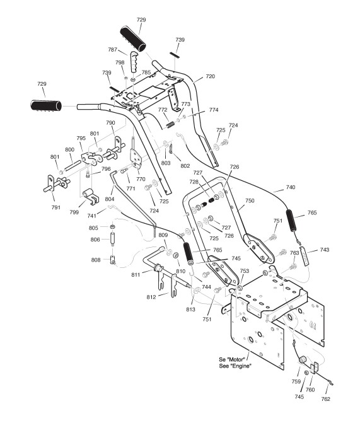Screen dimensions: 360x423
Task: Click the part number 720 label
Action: tap(210, 76)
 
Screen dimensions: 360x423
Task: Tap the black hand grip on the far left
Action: tap(46, 105)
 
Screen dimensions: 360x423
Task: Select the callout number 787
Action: tap(112, 50)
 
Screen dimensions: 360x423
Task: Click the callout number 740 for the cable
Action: tap(291, 187)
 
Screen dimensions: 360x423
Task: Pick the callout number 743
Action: tap(324, 250)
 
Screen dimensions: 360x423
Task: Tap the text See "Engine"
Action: tap(235, 366)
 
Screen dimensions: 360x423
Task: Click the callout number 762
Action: tap(326, 399)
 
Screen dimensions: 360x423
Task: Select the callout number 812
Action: tap(151, 297)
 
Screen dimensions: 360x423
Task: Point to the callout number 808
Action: tap(96, 260)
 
